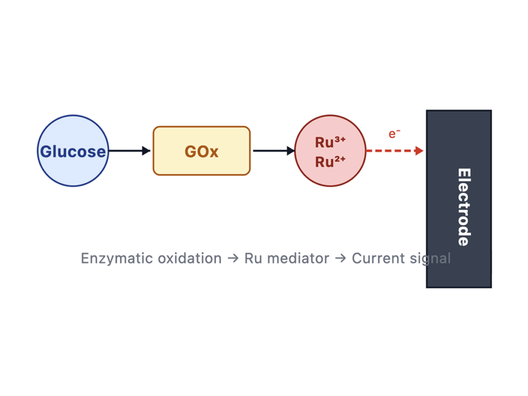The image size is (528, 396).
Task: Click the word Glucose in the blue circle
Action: [x=73, y=152]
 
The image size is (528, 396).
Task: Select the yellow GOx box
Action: [x=202, y=151]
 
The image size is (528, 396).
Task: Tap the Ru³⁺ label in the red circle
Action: [x=330, y=142]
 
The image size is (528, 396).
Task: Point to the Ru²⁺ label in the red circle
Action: [x=330, y=162]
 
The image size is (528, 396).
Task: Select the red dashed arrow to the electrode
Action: [x=394, y=151]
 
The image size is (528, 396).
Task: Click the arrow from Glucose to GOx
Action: [x=129, y=151]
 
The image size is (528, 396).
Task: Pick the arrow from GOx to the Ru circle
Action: [x=274, y=151]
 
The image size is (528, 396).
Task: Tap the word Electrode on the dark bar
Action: [x=464, y=207]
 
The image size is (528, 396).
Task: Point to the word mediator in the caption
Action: [x=298, y=258]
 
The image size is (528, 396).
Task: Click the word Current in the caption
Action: [x=378, y=258]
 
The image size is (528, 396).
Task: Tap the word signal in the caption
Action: [x=430, y=259]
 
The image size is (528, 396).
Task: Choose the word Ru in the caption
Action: [x=253, y=258]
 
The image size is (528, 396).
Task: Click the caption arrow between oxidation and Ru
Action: [x=233, y=259]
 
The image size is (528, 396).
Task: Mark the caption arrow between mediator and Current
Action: [x=340, y=259]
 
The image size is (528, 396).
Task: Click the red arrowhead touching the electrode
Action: [x=419, y=151]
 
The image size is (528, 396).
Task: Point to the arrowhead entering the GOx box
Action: [x=146, y=151]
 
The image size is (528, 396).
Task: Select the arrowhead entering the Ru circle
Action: [x=291, y=151]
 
